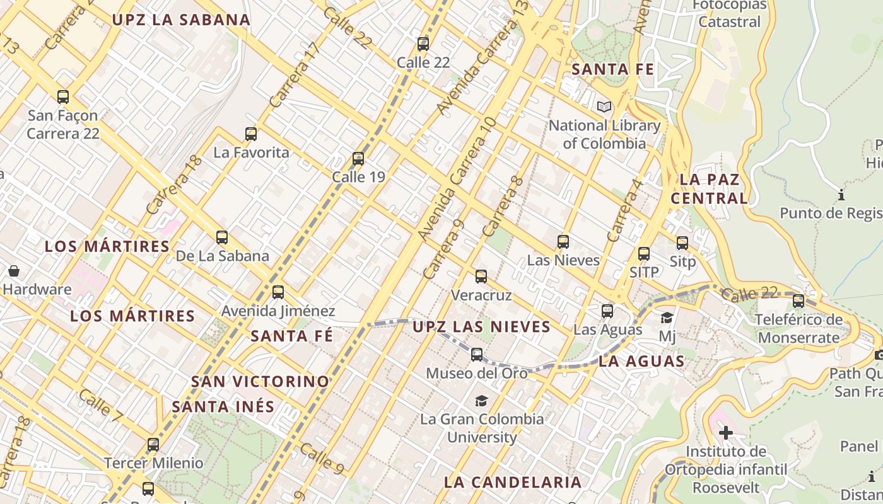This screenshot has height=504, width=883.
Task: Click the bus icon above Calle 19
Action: pyautogui.click(x=358, y=159)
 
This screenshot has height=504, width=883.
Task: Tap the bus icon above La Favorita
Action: pyautogui.click(x=251, y=134)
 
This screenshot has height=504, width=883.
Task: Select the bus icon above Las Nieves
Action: pyautogui.click(x=563, y=242)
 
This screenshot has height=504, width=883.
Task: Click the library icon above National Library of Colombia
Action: pyautogui.click(x=604, y=107)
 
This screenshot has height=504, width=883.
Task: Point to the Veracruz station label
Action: pyautogui.click(x=481, y=295)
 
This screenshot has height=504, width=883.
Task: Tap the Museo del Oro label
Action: pyautogui.click(x=477, y=373)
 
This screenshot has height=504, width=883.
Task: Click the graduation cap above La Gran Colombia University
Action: pyautogui.click(x=481, y=401)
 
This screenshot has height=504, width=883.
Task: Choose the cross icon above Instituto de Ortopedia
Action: pyautogui.click(x=726, y=433)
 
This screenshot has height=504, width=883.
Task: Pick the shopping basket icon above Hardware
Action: pyautogui.click(x=14, y=272)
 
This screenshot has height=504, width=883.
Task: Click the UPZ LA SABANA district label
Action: pyautogui.click(x=181, y=20)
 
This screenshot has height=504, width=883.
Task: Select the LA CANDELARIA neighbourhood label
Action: pyautogui.click(x=513, y=482)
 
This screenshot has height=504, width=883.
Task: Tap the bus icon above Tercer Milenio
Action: pyautogui.click(x=153, y=445)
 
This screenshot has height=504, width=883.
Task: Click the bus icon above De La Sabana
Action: pyautogui.click(x=222, y=238)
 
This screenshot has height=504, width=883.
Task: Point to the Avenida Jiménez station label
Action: pyautogui.click(x=278, y=311)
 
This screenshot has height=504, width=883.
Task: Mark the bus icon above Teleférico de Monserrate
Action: pyautogui.click(x=798, y=301)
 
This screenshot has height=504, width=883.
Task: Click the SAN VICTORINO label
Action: pyautogui.click(x=260, y=381)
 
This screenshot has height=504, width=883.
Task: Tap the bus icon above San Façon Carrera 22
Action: pyautogui.click(x=63, y=97)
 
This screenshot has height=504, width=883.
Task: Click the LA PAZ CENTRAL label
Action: pyautogui.click(x=709, y=189)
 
